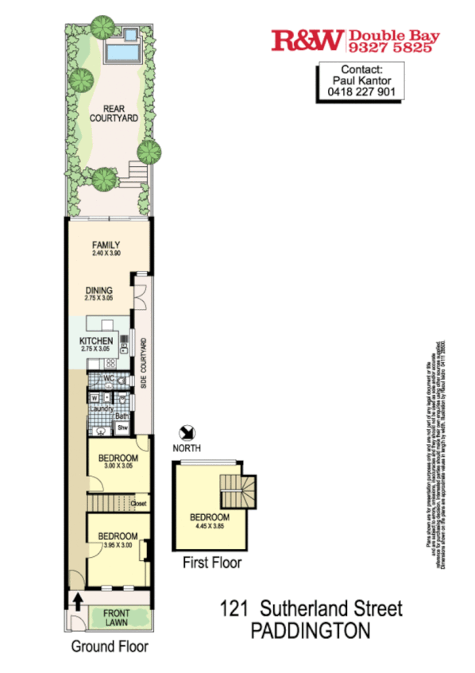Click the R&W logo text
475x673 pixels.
point(307,41)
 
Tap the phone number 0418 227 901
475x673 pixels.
point(361,91)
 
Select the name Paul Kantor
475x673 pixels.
point(361,79)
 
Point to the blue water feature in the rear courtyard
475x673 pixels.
point(122,52)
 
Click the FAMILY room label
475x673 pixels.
point(106,245)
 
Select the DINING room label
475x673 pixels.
point(99,290)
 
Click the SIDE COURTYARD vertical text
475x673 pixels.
point(144,365)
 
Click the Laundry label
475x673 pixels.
point(102,408)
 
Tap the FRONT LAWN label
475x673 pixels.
point(117,617)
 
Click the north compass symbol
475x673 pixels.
point(187,432)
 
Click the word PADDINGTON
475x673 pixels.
point(311,631)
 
